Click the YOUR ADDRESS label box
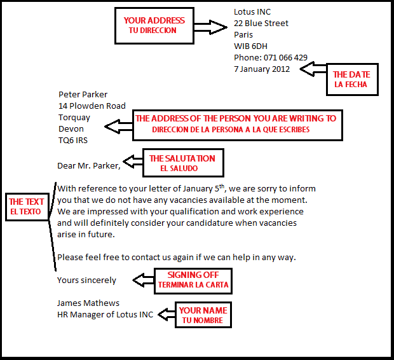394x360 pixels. tap(154, 25)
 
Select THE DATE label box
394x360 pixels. tap(352, 80)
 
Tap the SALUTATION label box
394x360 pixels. tap(182, 163)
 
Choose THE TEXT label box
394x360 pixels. tap(26, 207)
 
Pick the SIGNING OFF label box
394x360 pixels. tap(193, 280)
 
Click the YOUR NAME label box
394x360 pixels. tap(202, 315)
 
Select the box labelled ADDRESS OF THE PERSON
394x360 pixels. tap(235, 124)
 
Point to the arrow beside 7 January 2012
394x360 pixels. tap(312, 69)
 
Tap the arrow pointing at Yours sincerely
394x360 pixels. tap(143, 280)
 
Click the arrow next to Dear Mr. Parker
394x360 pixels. tap(133, 162)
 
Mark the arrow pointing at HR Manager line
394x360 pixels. tap(166, 314)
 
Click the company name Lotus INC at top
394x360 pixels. tap(252, 12)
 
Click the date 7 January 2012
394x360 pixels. tap(262, 69)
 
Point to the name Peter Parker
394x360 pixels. tap(83, 95)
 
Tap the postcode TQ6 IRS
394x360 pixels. tap(73, 141)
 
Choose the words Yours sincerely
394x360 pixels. tap(86, 280)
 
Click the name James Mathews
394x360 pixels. tap(88, 303)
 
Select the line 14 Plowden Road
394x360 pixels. tap(92, 106)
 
